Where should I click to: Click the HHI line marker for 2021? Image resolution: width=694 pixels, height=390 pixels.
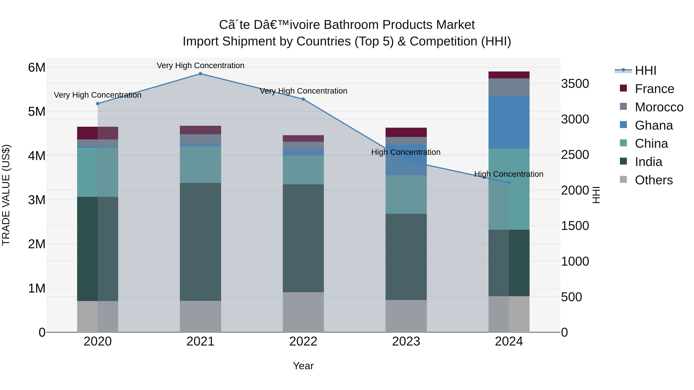click(x=200, y=74)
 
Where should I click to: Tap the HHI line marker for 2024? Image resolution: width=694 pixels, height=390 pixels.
click(x=509, y=183)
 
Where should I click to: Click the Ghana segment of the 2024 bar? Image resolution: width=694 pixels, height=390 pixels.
click(x=509, y=122)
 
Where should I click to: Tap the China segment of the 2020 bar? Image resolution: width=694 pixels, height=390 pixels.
click(x=98, y=172)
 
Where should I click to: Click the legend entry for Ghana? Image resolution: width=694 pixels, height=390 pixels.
click(x=654, y=125)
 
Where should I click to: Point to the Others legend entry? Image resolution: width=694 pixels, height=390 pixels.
click(x=654, y=180)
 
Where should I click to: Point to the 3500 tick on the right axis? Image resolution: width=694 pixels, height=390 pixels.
click(x=575, y=84)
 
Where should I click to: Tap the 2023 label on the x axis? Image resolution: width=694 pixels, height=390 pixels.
click(x=406, y=341)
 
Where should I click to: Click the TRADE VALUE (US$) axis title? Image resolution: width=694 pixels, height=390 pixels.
click(x=6, y=195)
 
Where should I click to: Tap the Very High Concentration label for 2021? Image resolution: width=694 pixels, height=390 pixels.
click(x=200, y=66)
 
